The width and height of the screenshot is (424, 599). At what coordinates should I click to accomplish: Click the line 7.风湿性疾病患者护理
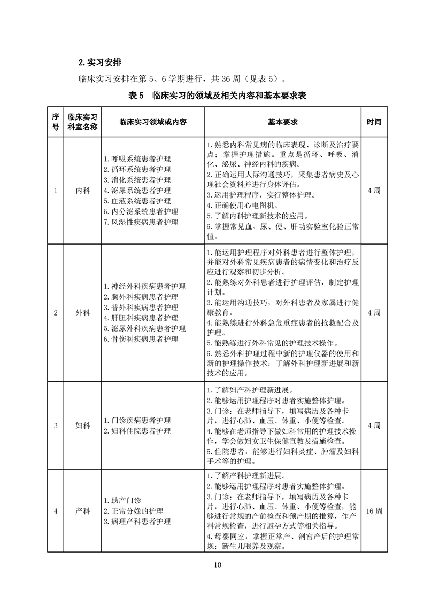[141, 222]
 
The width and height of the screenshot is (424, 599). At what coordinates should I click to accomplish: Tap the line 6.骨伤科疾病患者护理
[141, 339]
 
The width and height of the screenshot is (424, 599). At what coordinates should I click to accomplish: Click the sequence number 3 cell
[56, 425]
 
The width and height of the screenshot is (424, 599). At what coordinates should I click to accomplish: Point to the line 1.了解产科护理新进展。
[245, 476]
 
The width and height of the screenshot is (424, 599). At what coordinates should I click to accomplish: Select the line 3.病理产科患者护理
[137, 521]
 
